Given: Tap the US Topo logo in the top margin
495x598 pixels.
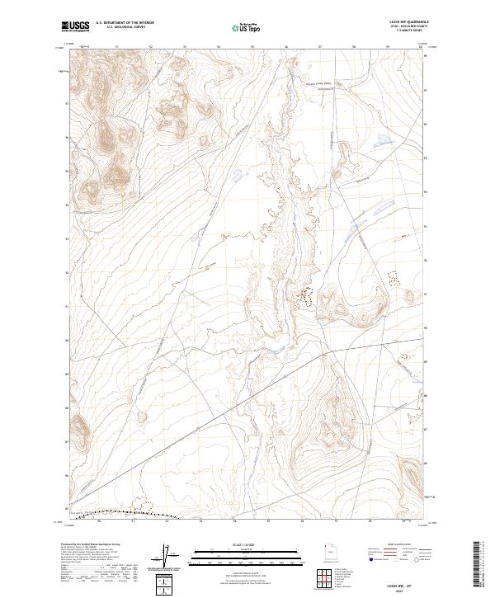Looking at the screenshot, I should coord(240,28).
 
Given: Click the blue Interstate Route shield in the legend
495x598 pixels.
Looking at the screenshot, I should coord(371,559).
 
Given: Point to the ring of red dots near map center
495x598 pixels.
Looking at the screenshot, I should coord(308,294).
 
